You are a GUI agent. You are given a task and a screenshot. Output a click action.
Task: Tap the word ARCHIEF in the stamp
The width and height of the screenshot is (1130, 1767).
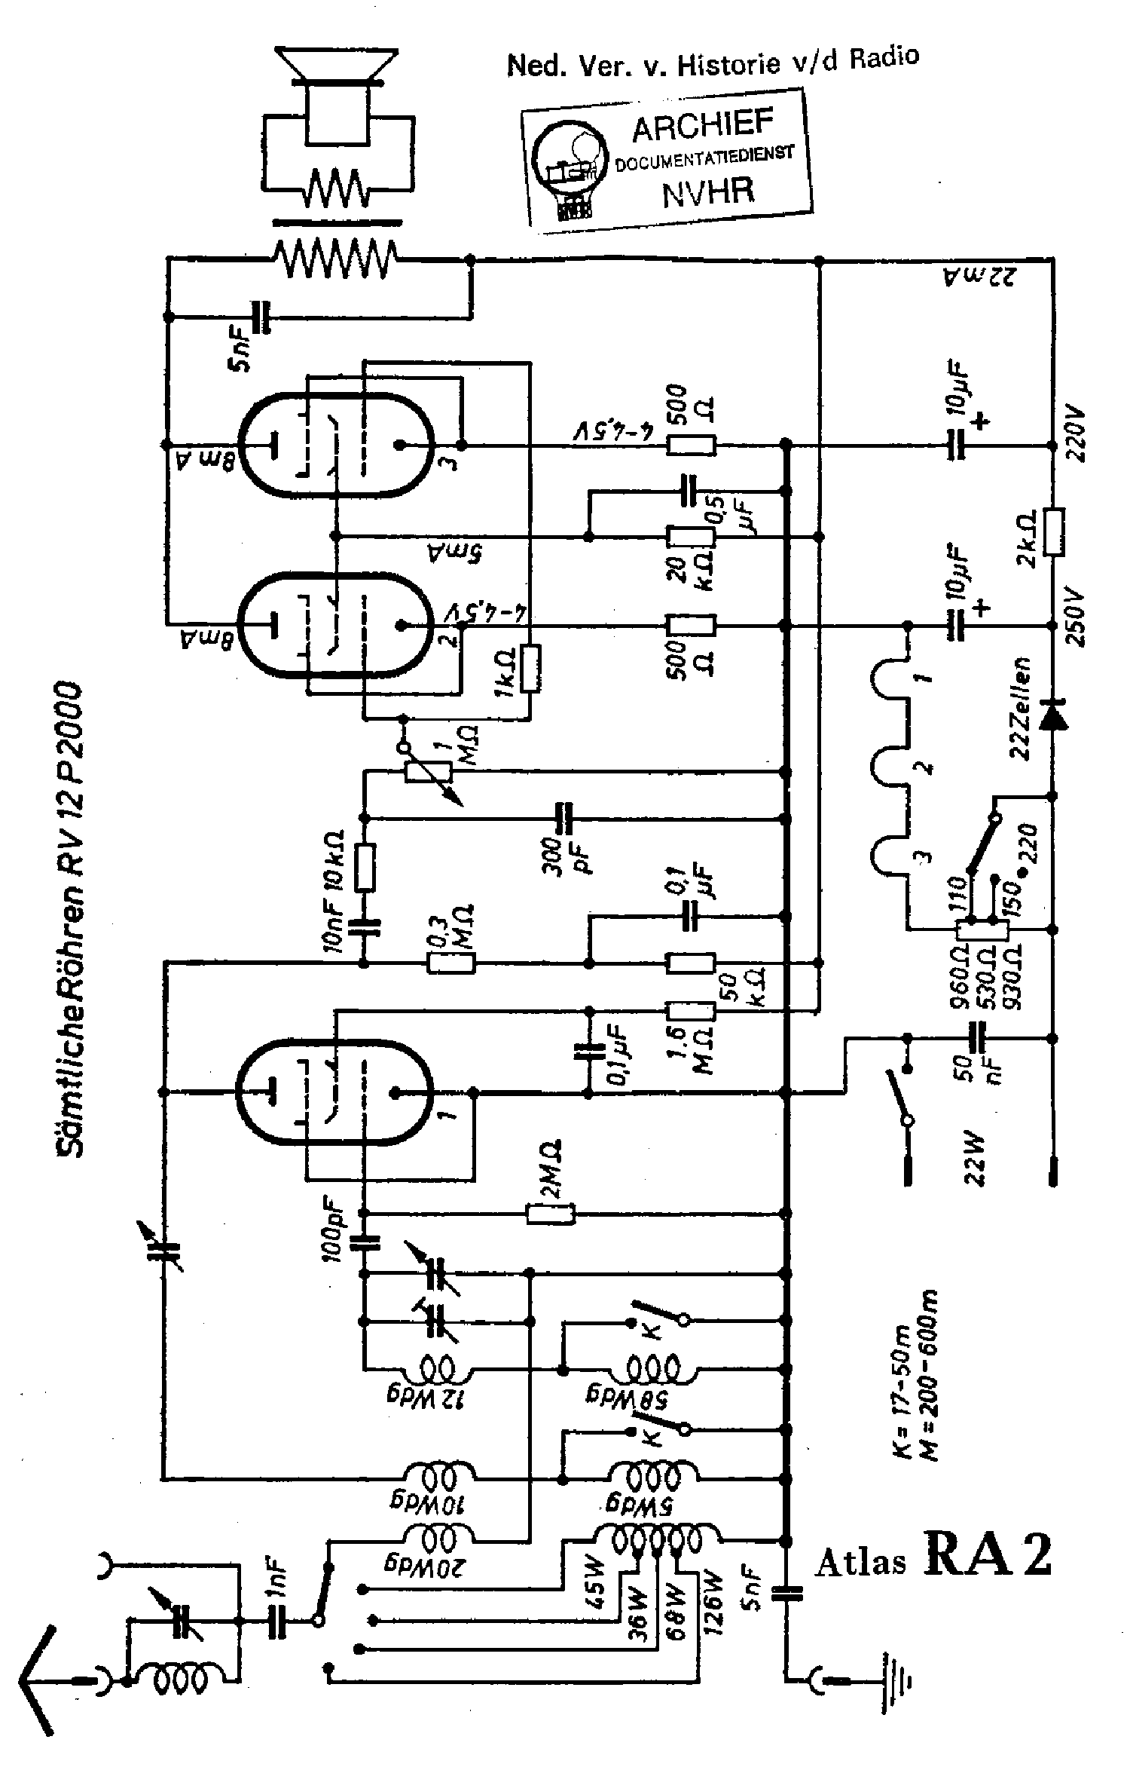coord(702,126)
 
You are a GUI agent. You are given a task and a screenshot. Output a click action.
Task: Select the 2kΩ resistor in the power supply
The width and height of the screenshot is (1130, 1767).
coord(1054,532)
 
